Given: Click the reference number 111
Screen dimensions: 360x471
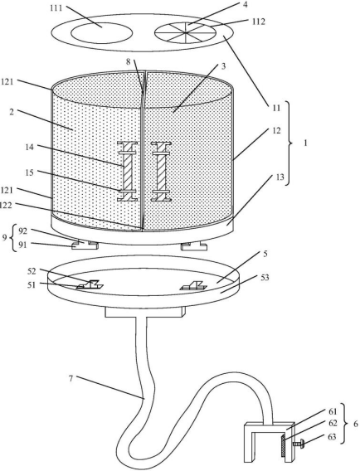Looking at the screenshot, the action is coord(56,7).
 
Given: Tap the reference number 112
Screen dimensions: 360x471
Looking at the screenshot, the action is coord(259,22).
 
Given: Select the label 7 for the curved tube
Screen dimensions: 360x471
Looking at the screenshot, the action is coord(71,378).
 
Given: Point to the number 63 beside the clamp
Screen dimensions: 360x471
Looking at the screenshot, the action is coord(332,436).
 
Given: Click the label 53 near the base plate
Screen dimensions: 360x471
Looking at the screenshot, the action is coord(265,277).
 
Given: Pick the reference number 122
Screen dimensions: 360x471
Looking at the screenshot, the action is coord(6,205).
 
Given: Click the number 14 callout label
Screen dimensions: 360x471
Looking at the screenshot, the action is coord(30,147).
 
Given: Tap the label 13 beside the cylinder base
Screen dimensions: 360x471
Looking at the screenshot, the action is coord(280,177).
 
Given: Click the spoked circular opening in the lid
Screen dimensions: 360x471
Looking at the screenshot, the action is coord(186,32).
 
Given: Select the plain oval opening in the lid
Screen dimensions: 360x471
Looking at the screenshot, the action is coord(101,32).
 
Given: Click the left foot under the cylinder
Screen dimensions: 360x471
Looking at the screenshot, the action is coord(85,245).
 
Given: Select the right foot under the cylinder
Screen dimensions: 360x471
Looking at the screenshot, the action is coord(194,245).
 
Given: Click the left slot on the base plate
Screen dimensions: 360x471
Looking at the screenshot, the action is coord(90,284).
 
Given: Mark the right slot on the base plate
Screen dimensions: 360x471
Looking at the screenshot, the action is coord(194,285).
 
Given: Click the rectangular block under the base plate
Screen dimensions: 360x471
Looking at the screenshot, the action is coord(144,312).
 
